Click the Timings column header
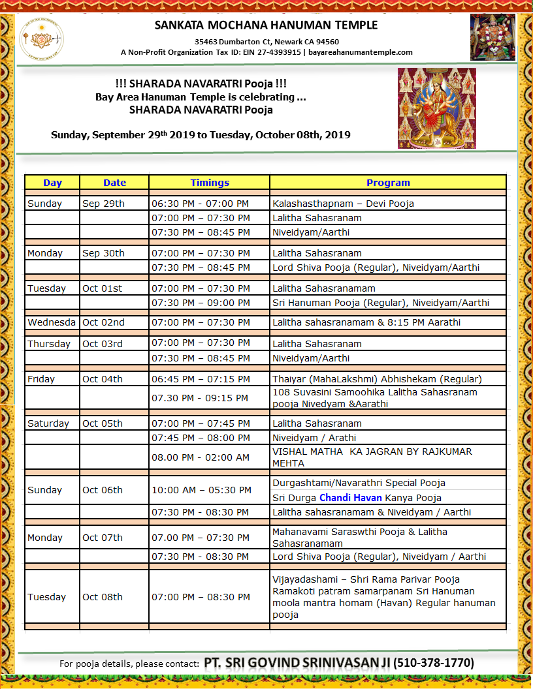click(x=210, y=183)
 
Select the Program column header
click(x=388, y=183)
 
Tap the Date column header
click(x=114, y=183)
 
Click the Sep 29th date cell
click(x=103, y=203)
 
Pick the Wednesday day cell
click(x=52, y=322)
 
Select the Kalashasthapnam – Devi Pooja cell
click(x=343, y=203)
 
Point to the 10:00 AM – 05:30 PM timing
click(x=201, y=490)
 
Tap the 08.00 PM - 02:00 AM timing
click(x=201, y=457)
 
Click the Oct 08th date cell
click(x=103, y=597)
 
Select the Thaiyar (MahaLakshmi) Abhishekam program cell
click(x=377, y=378)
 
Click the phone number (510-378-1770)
click(x=434, y=663)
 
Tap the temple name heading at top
click(x=266, y=25)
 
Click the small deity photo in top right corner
click(x=493, y=37)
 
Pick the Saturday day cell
click(x=48, y=423)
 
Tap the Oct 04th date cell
click(x=103, y=378)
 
